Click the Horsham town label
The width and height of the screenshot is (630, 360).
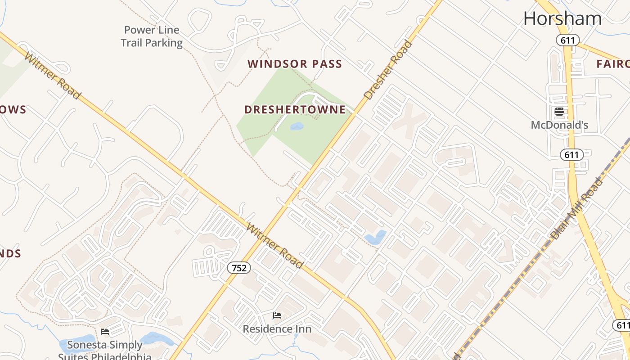coord(562,18)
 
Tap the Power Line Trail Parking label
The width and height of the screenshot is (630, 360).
coord(152,36)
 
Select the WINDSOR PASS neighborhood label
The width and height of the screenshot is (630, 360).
coord(295,64)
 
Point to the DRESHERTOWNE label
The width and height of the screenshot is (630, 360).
coord(295,109)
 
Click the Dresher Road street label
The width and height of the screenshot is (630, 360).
coord(388,70)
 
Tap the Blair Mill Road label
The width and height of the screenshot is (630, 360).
coord(576,208)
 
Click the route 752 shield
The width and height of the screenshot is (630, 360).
coord(239,268)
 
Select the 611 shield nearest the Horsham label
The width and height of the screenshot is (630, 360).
coord(567,40)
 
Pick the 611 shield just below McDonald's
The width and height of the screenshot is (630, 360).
coord(571,155)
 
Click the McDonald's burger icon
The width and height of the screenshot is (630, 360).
coord(559,112)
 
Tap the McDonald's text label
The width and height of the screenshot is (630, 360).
coord(559,125)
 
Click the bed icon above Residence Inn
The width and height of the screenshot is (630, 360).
coord(277,315)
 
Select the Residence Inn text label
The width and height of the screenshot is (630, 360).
coord(277,329)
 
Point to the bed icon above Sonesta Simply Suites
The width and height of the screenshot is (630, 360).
coord(105,332)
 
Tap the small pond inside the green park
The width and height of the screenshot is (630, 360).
coord(297,126)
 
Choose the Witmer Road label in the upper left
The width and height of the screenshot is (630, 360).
coord(53,76)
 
